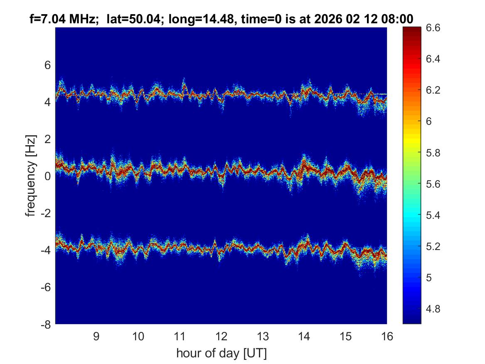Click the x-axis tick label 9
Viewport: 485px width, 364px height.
(96, 336)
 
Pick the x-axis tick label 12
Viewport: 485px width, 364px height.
(221, 336)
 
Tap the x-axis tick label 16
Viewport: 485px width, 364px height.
(387, 336)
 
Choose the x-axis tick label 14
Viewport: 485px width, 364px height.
(304, 336)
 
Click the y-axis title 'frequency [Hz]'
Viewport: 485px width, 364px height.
(30, 176)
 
